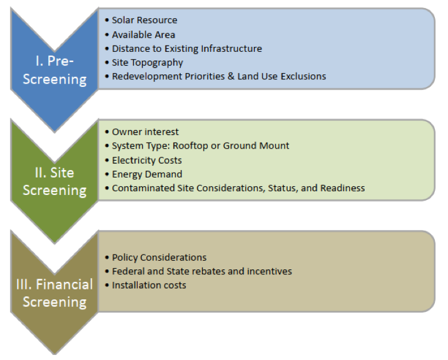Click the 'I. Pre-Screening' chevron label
coord(54,70)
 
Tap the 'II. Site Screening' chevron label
coord(54,182)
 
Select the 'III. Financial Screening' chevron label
coord(54,293)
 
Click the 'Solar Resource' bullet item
coord(145,20)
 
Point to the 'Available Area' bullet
coord(143,35)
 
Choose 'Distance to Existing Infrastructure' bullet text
coord(187,49)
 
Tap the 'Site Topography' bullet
coord(148,62)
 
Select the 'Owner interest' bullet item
coord(145,132)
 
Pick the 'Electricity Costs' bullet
coord(147,161)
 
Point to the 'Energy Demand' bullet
coord(147,174)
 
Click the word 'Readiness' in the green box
coord(343,188)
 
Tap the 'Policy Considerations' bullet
coord(159,257)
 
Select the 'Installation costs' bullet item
coord(149,285)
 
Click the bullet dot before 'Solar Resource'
coord(107,20)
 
